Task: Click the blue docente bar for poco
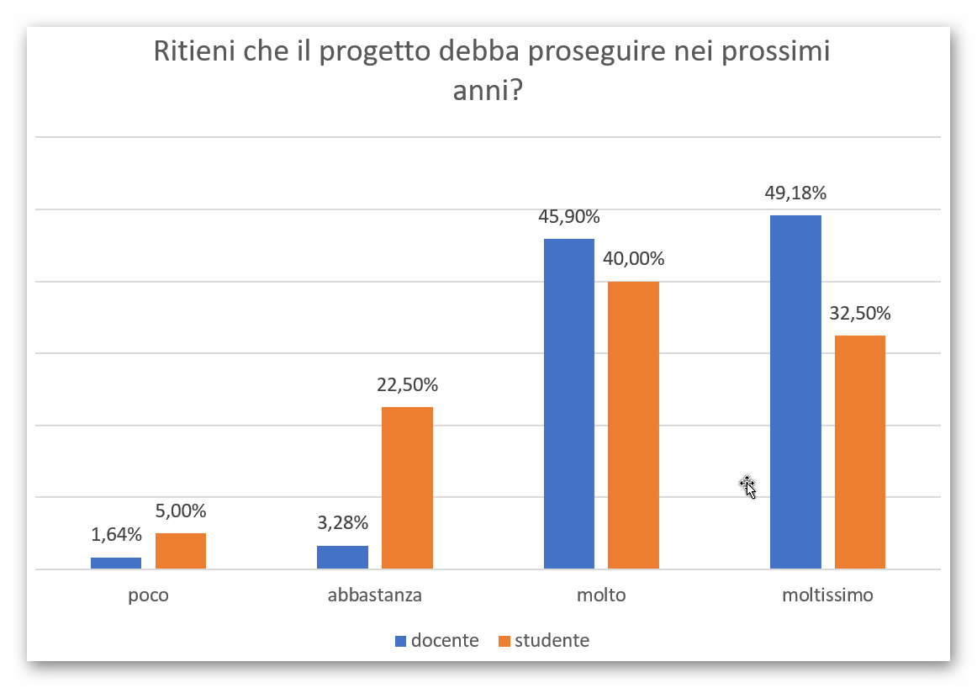pos(116,563)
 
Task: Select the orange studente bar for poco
pos(181,551)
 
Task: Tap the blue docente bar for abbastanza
pos(342,557)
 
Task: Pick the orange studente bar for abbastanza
pos(407,488)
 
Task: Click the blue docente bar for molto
pos(569,404)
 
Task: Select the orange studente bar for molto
pos(633,425)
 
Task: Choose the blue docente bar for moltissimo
pos(795,392)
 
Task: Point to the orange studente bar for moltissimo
pos(860,452)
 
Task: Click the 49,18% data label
pos(795,193)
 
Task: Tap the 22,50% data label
pos(407,385)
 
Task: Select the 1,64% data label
pos(116,535)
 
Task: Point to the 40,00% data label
pos(633,259)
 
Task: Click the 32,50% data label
pos(860,314)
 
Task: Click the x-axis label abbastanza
pos(375,595)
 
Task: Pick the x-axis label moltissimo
pos(827,595)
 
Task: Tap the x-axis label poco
pos(148,595)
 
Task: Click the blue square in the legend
pos(400,641)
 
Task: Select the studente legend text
pos(552,641)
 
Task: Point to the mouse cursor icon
pos(747,486)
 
